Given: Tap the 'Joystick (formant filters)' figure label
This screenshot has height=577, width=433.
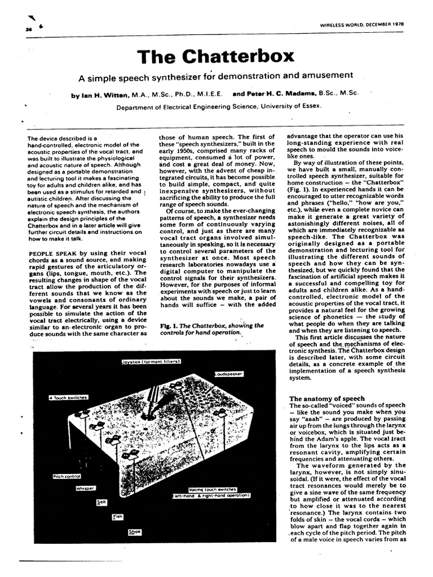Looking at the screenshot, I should [x=151, y=361].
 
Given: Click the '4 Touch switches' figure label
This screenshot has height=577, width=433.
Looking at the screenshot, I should [x=68, y=398].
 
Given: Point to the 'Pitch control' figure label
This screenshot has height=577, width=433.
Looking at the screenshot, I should [x=67, y=477].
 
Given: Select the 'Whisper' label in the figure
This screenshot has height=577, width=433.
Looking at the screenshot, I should [x=85, y=488].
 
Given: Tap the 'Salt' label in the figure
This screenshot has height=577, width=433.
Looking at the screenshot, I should [x=101, y=501].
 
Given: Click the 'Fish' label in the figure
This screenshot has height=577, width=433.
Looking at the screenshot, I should [x=117, y=516].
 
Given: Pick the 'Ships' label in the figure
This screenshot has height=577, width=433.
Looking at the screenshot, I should [x=134, y=531].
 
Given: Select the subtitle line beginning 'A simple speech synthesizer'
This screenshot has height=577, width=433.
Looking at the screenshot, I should [x=215, y=76].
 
